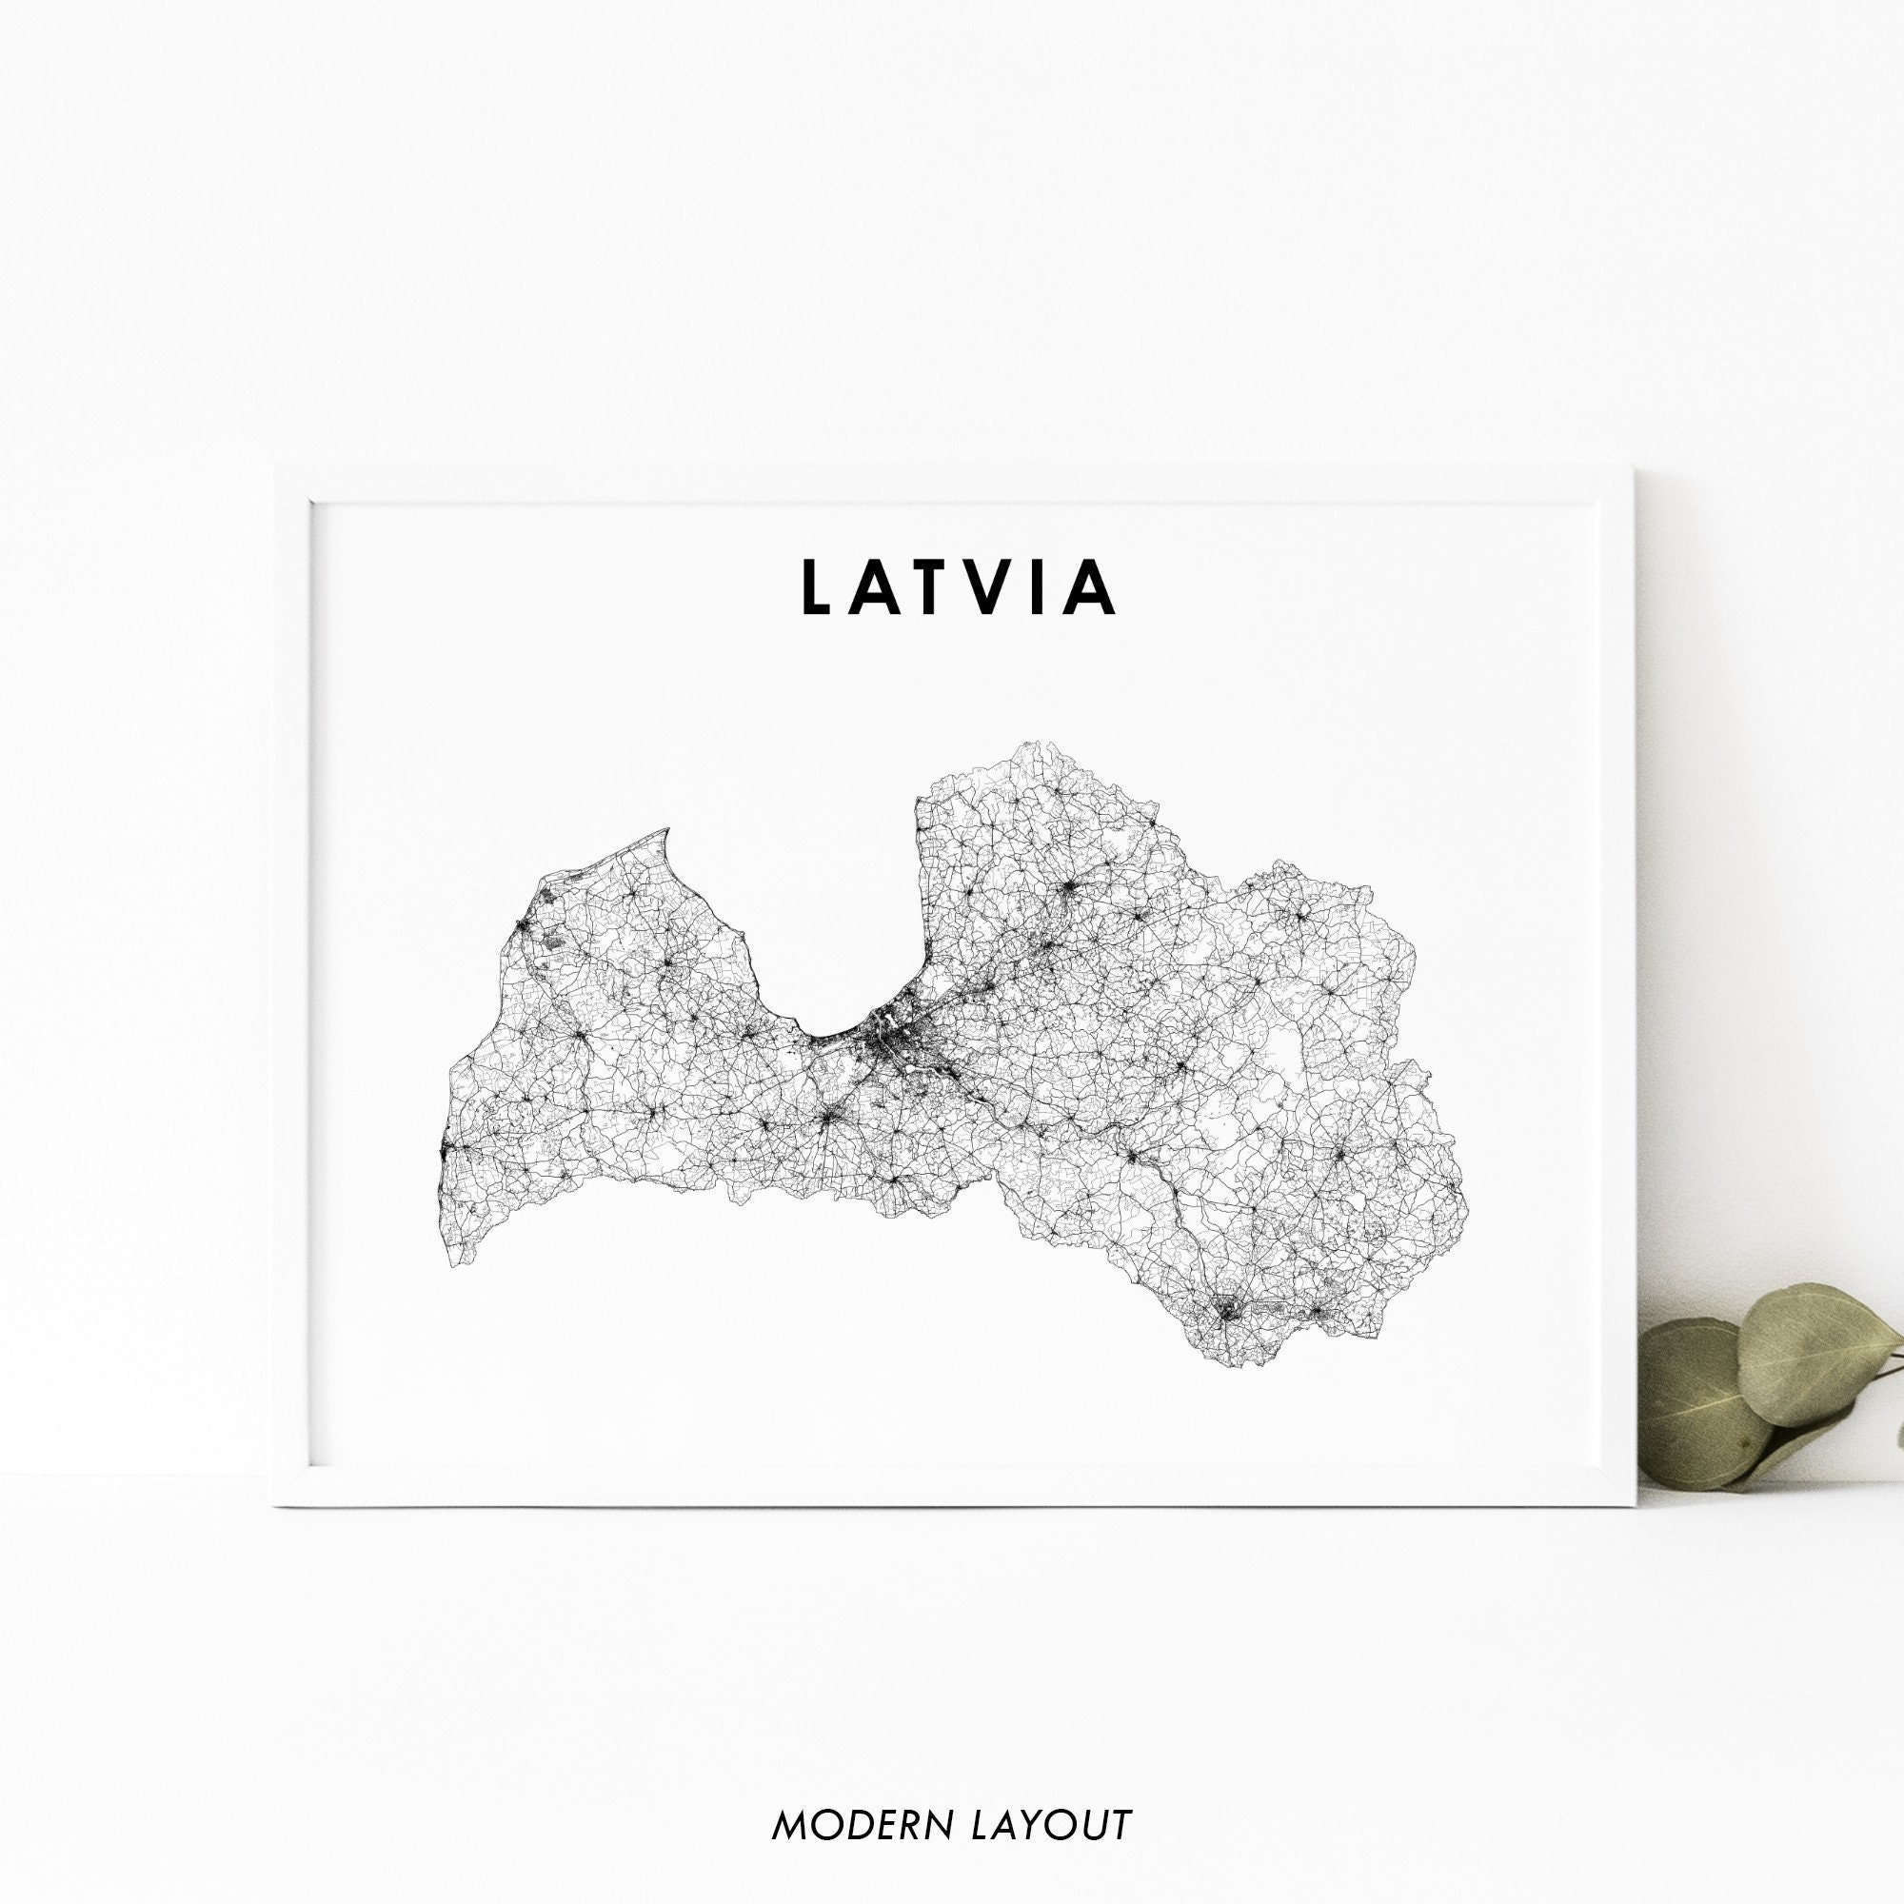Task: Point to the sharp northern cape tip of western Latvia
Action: click(667, 830)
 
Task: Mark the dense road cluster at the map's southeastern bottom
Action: click(1228, 1311)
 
